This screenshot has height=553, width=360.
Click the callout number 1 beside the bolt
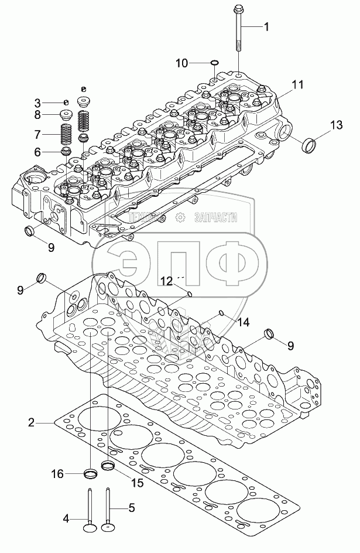click(x=266, y=26)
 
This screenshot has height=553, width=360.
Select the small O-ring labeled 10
click(x=214, y=63)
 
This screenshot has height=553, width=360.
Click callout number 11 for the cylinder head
click(x=297, y=84)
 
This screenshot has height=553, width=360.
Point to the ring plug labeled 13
click(x=309, y=145)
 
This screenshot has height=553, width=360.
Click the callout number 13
click(x=337, y=125)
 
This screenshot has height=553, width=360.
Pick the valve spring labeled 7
click(x=67, y=134)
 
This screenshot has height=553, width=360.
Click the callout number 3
click(x=37, y=103)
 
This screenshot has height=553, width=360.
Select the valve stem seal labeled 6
click(x=67, y=152)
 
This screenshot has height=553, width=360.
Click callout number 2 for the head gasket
click(x=32, y=422)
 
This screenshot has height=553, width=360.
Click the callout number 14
click(x=244, y=322)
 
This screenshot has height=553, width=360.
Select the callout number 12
click(x=167, y=281)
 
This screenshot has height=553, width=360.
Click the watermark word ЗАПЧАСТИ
click(x=215, y=217)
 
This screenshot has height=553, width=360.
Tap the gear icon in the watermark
click(x=180, y=217)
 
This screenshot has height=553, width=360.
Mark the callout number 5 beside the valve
click(x=131, y=508)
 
